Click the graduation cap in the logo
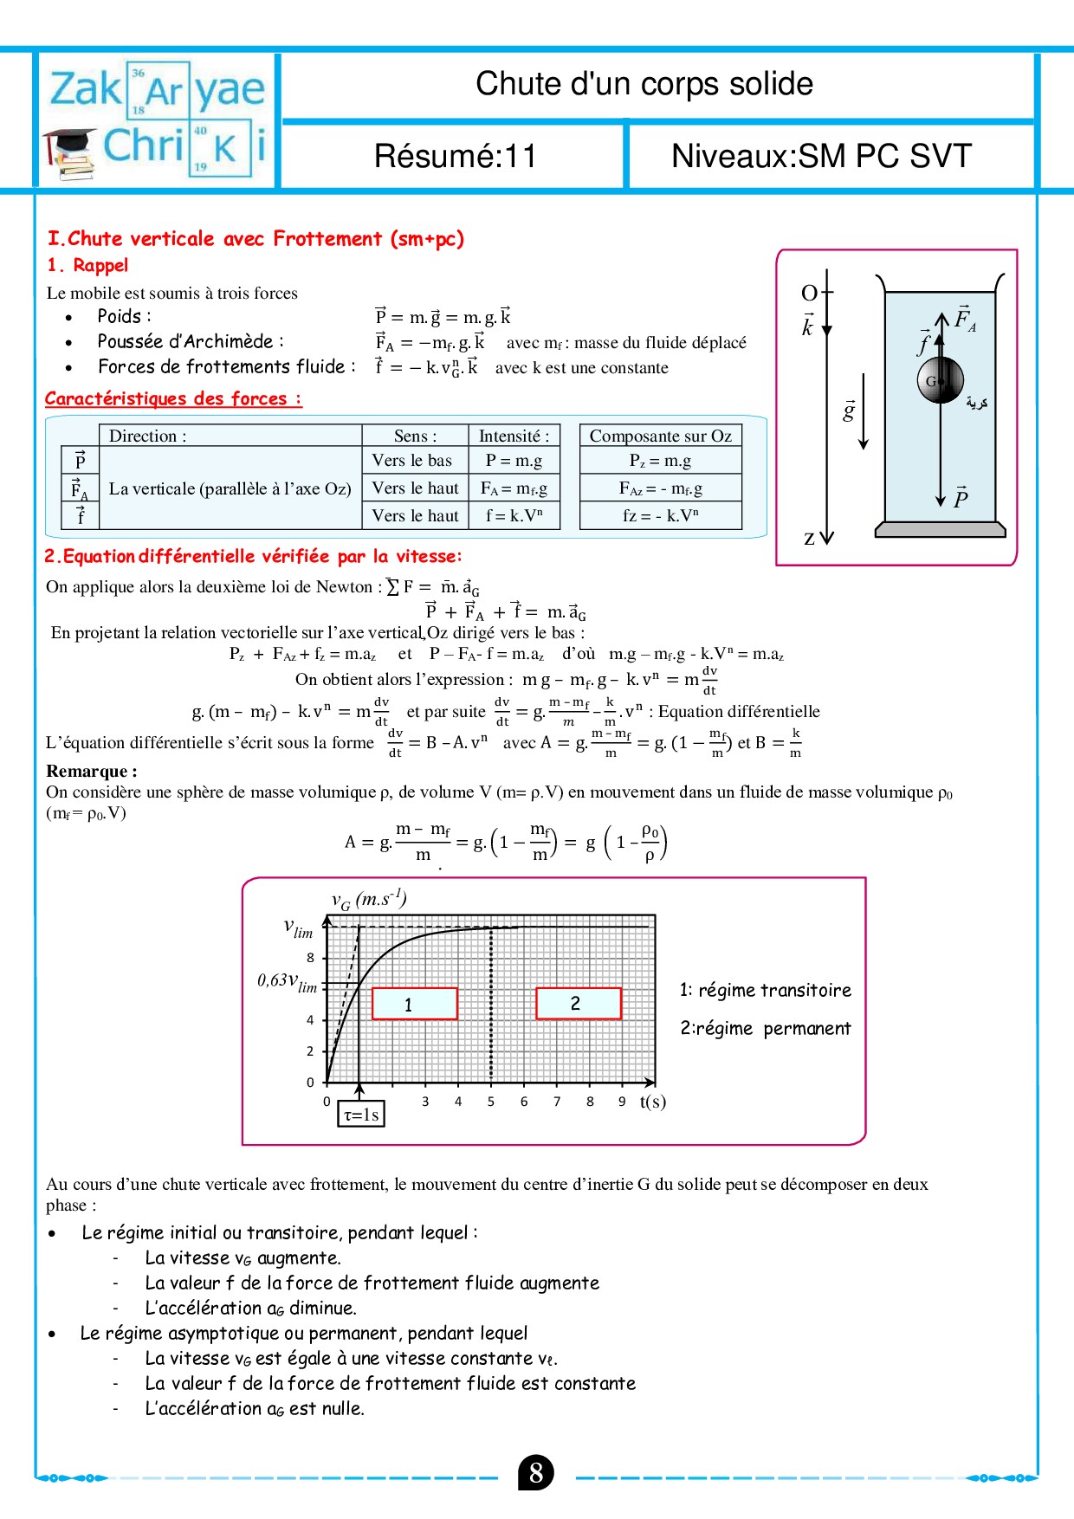coord(71,142)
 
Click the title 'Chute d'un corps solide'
coord(644,84)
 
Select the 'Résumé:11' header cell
coord(455,156)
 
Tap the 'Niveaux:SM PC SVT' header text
coord(821,156)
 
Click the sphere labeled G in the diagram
coord(940,379)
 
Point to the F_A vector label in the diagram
coord(964,319)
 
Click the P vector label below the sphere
coord(961,498)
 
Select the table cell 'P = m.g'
coord(514,461)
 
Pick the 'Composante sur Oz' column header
coord(660,436)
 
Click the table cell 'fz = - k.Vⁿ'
coord(660,515)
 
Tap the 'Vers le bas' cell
coord(412,461)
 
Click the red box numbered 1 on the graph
coord(414,1004)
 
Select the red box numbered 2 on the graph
coord(578,1003)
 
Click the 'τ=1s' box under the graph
coord(361,1115)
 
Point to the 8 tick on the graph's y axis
coord(310,958)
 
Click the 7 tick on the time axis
coord(557,1102)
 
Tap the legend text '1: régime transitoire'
coord(765,990)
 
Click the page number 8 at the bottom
coord(536,1473)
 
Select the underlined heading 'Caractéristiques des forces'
coord(173,399)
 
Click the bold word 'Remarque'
coord(91,771)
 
